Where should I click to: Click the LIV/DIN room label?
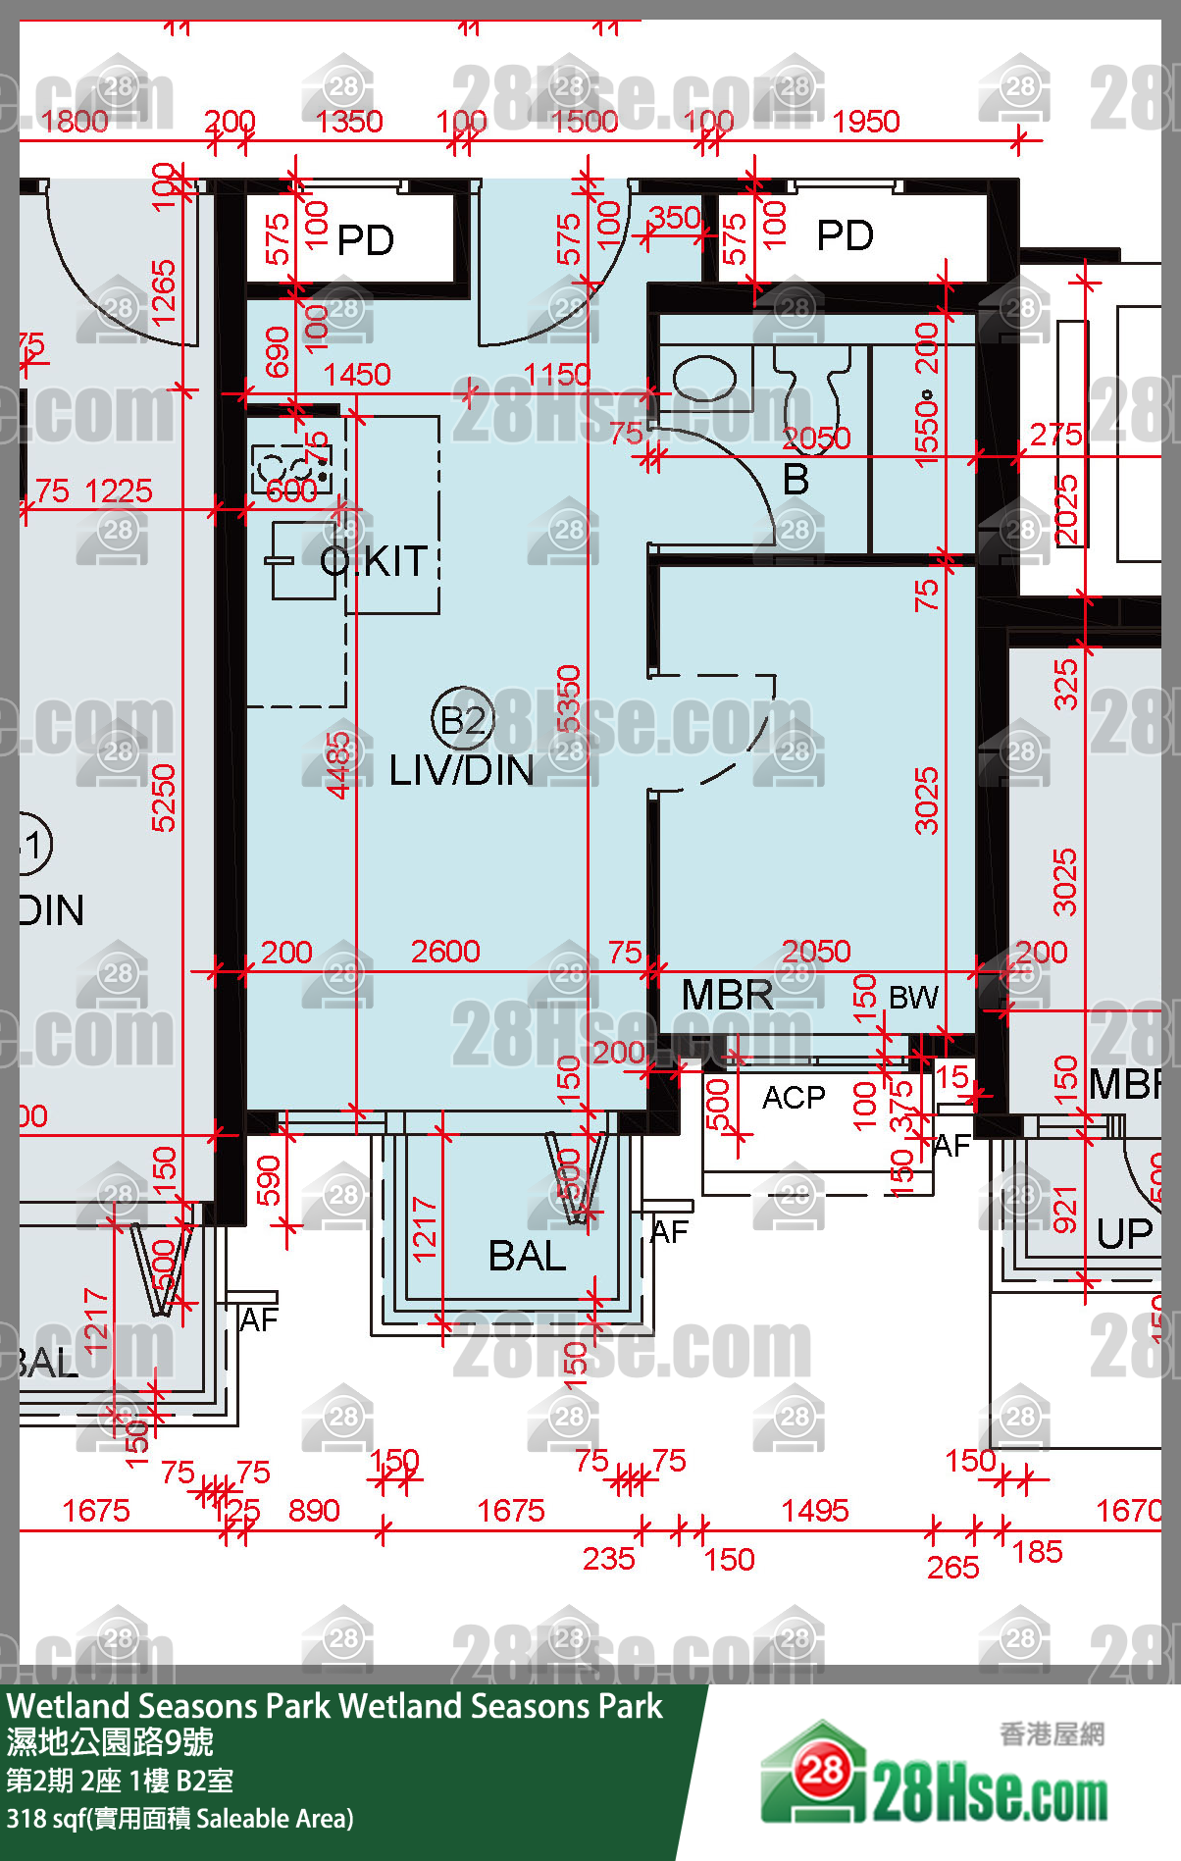pyautogui.click(x=461, y=770)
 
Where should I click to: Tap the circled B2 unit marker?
pyautogui.click(x=462, y=719)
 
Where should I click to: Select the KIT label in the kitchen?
pyautogui.click(x=394, y=561)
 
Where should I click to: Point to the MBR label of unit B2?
pyautogui.click(x=727, y=995)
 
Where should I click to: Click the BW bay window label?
pyautogui.click(x=912, y=998)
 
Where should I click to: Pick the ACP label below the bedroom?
pyautogui.click(x=794, y=1097)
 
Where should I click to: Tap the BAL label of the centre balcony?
pyautogui.click(x=527, y=1256)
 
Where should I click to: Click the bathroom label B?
pyautogui.click(x=796, y=480)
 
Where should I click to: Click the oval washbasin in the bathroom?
pyautogui.click(x=703, y=378)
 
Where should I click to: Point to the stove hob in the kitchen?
pyautogui.click(x=291, y=468)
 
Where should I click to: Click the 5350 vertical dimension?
pyautogui.click(x=569, y=698)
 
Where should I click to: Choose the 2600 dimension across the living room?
pyautogui.click(x=445, y=951)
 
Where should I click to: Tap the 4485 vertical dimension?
pyautogui.click(x=338, y=765)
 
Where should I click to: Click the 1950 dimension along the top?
pyautogui.click(x=865, y=122)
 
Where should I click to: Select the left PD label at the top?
pyautogui.click(x=365, y=240)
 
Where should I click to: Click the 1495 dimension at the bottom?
pyautogui.click(x=814, y=1510)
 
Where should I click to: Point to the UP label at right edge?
pyautogui.click(x=1124, y=1234)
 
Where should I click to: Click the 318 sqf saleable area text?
pyautogui.click(x=180, y=1819)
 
